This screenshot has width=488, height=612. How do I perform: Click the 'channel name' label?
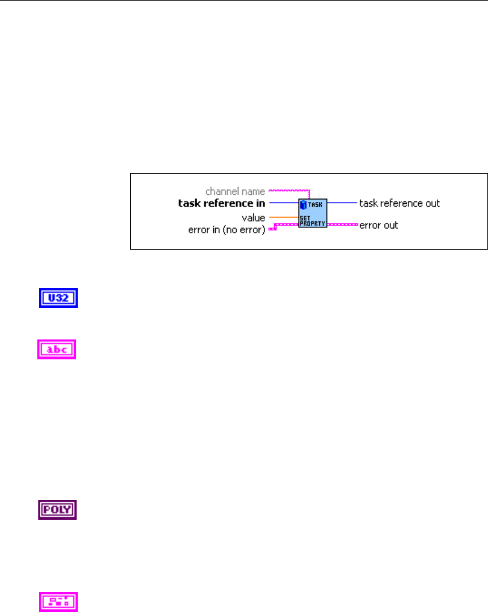tap(235, 192)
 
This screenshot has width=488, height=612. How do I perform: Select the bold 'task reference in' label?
tap(221, 204)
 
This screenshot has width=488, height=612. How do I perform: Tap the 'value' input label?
tap(253, 217)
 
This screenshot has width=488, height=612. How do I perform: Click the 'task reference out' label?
tap(399, 203)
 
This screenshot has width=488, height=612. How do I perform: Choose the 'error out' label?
tap(378, 226)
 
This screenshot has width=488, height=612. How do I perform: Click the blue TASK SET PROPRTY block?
tap(313, 212)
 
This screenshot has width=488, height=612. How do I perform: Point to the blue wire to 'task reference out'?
tap(342, 203)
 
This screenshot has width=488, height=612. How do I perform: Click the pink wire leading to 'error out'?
tap(342, 224)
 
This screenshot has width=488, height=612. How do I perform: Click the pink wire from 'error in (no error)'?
tap(283, 225)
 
